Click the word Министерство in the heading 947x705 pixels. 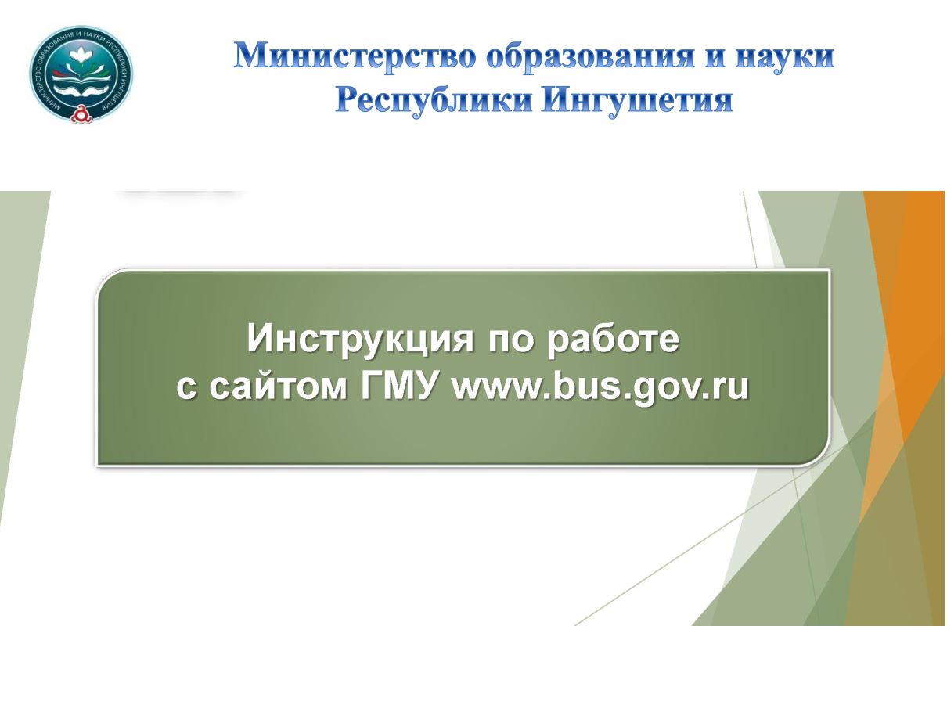[x=354, y=57]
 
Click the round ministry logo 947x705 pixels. [x=81, y=74]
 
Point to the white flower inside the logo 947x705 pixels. [x=81, y=56]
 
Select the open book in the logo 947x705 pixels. [x=81, y=80]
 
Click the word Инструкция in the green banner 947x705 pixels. [x=360, y=340]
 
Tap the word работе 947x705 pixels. [x=614, y=340]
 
